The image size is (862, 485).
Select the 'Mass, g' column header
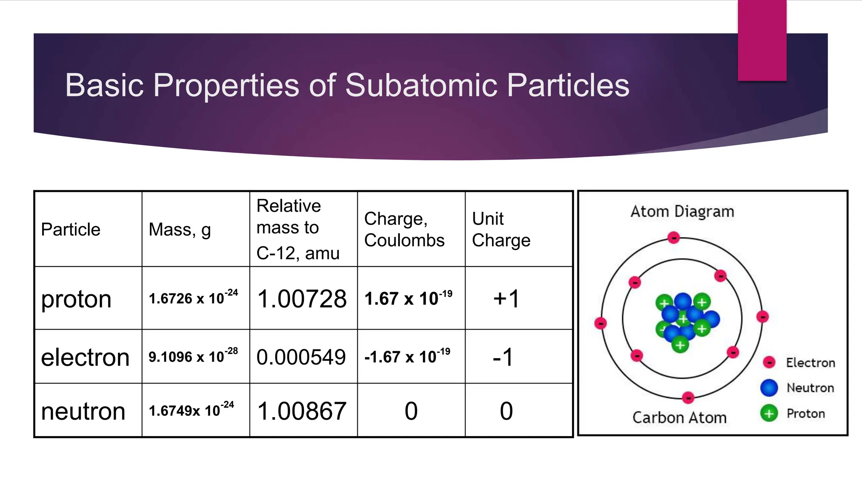[180, 230]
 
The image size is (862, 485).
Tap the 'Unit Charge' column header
[501, 229]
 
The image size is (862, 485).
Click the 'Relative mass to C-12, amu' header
[298, 229]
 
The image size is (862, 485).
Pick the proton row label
[76, 299]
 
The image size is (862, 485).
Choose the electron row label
[85, 357]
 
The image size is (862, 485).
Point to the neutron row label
[83, 411]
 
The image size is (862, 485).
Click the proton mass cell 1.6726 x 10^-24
[193, 298]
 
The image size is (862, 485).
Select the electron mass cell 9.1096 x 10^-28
[193, 356]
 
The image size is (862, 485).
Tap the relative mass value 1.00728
[302, 299]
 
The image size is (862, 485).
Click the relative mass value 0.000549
[301, 357]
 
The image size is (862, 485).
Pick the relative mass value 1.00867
[302, 411]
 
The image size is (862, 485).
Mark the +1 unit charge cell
[507, 299]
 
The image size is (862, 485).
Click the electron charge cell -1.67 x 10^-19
[407, 357]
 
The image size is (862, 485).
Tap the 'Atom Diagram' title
[682, 211]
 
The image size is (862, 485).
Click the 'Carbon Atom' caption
[679, 418]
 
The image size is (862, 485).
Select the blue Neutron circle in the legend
[769, 388]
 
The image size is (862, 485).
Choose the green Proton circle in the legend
[769, 413]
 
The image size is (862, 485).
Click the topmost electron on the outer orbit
[674, 238]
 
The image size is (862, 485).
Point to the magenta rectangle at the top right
[762, 40]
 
